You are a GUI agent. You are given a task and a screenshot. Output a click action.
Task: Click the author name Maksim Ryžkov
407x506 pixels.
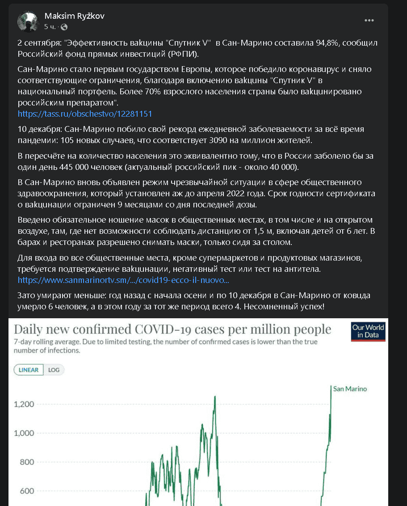click(75, 16)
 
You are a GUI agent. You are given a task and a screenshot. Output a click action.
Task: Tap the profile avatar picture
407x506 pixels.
click(28, 21)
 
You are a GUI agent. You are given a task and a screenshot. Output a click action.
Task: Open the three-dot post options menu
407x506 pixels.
click(369, 21)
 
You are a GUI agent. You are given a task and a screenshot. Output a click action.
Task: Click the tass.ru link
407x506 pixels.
click(85, 114)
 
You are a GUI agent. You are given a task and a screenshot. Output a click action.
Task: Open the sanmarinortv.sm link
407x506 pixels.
click(123, 280)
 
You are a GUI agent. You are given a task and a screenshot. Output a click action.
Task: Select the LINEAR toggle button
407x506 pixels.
click(29, 370)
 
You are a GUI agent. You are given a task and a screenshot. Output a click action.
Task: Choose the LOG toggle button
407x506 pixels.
click(54, 370)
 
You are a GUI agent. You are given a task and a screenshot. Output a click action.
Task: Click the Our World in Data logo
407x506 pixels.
click(368, 331)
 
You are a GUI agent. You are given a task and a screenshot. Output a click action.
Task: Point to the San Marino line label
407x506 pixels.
click(350, 389)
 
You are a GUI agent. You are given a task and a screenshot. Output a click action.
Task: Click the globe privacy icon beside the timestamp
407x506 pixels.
click(63, 27)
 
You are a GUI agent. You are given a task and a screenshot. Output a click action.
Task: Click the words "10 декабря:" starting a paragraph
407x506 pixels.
click(40, 129)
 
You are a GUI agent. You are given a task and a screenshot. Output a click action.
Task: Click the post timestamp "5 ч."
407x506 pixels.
click(50, 27)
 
